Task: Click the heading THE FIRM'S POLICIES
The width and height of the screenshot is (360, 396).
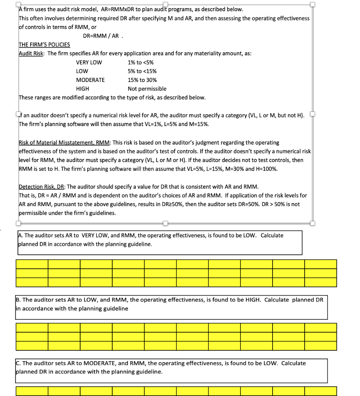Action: (x=45, y=44)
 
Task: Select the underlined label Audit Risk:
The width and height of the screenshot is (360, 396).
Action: (x=32, y=53)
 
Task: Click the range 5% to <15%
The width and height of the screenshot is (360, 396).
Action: (x=142, y=71)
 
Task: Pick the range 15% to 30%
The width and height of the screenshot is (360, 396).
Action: (x=142, y=80)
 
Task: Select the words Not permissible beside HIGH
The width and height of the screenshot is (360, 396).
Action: (x=147, y=89)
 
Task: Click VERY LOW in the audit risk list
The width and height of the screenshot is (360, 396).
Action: (x=89, y=62)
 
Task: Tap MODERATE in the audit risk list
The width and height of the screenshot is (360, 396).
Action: (x=90, y=80)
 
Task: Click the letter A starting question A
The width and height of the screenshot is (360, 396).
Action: (x=21, y=236)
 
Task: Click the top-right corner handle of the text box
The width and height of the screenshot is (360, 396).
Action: (x=313, y=4)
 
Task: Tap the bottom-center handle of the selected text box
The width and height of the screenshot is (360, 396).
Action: (x=165, y=223)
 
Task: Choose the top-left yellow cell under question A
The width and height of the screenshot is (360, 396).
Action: (x=32, y=264)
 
